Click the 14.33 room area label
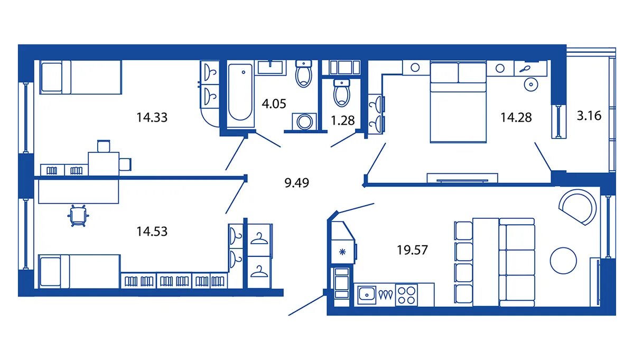152,117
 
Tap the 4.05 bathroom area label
274,104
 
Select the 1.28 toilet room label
343,121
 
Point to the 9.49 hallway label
296,183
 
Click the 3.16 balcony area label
589,116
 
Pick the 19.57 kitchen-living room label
412,250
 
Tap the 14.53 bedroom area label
152,232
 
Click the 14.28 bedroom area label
516,117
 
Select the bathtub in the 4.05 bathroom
240,94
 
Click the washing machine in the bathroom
304,122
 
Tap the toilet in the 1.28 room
342,93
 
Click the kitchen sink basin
367,295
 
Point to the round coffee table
563,261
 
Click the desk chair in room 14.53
78,216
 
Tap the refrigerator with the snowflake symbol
342,252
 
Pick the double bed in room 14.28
458,102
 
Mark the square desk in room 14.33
104,164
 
